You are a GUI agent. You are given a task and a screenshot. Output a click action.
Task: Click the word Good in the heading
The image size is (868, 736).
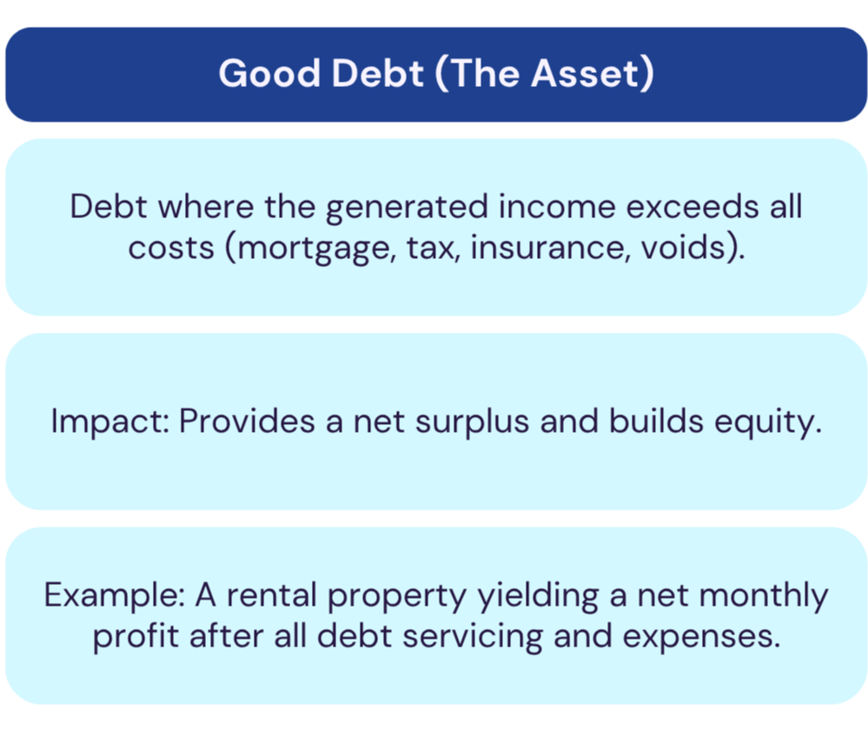tap(269, 73)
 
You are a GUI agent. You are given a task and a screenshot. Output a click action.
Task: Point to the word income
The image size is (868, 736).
tap(557, 207)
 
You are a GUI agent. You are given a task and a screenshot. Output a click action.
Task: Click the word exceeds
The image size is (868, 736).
tap(692, 207)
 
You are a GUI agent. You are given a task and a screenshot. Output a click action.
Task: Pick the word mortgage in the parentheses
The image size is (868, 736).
tap(315, 249)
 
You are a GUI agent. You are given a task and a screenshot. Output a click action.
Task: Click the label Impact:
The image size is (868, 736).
tap(110, 421)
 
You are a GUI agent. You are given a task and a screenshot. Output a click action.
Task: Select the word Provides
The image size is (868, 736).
tap(247, 421)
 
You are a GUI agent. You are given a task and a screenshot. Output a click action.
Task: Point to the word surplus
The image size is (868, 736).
tap(472, 422)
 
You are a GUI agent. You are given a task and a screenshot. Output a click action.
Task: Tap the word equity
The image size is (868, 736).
tap(768, 422)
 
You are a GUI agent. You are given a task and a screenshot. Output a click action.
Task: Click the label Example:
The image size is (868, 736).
tap(115, 596)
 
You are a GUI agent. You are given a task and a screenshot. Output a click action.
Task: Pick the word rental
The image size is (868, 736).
tap(272, 594)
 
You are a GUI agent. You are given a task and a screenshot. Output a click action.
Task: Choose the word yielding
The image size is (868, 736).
tap(538, 596)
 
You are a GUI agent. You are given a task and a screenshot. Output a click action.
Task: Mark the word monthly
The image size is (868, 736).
tap(764, 596)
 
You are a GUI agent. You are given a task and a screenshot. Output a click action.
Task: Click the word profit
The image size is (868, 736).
tap(136, 637)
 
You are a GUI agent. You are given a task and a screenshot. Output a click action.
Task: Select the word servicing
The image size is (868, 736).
tap(473, 637)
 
